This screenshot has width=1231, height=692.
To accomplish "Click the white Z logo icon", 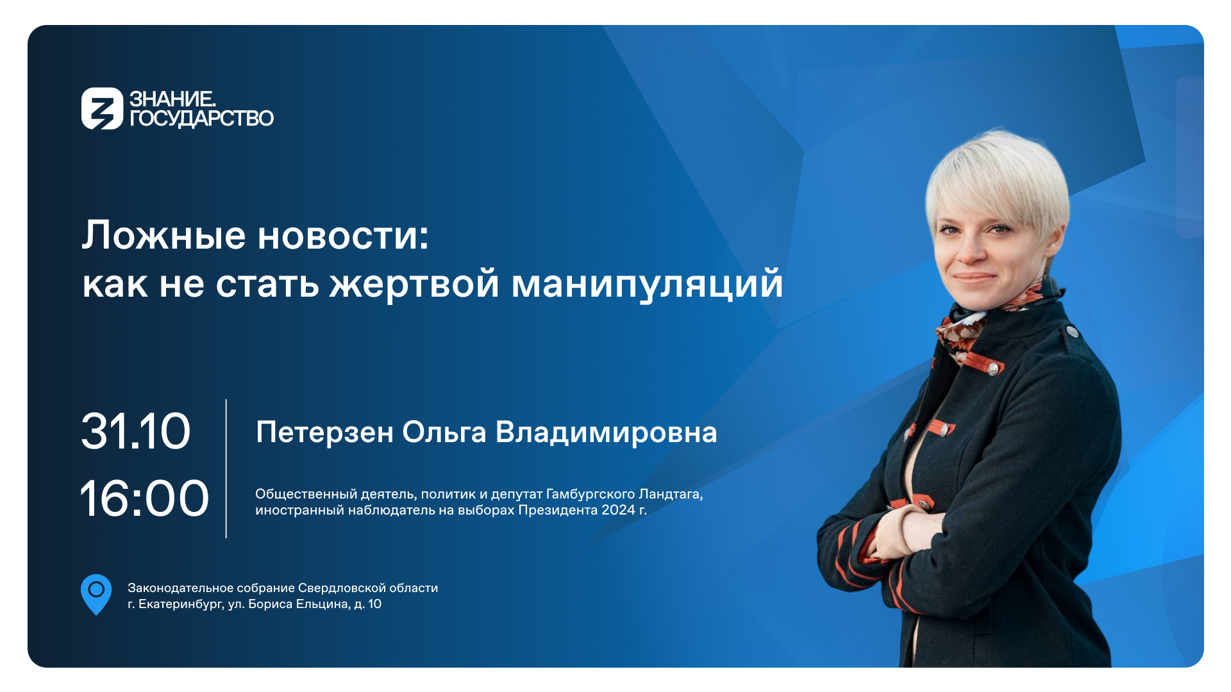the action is pyautogui.click(x=102, y=108).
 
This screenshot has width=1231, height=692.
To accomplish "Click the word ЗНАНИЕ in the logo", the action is pyautogui.click(x=171, y=99).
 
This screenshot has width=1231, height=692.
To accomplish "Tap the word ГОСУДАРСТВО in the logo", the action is pyautogui.click(x=201, y=119).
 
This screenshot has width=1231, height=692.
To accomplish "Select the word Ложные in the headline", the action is pyautogui.click(x=163, y=235).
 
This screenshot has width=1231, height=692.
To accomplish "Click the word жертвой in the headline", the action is pyautogui.click(x=414, y=284).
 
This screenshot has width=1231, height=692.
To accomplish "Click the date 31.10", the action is pyautogui.click(x=136, y=431).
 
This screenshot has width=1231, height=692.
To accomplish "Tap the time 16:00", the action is pyautogui.click(x=145, y=498).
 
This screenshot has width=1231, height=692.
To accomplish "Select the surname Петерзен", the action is pyautogui.click(x=325, y=432).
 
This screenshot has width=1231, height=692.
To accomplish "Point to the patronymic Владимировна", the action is pyautogui.click(x=607, y=432).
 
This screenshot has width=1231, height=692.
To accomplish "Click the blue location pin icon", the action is pyautogui.click(x=96, y=594).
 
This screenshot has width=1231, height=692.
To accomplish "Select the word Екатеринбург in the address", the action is pyautogui.click(x=181, y=604).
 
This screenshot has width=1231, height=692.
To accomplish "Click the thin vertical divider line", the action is pyautogui.click(x=226, y=468).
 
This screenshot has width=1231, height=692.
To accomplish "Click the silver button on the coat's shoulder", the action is pyautogui.click(x=1071, y=331).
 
